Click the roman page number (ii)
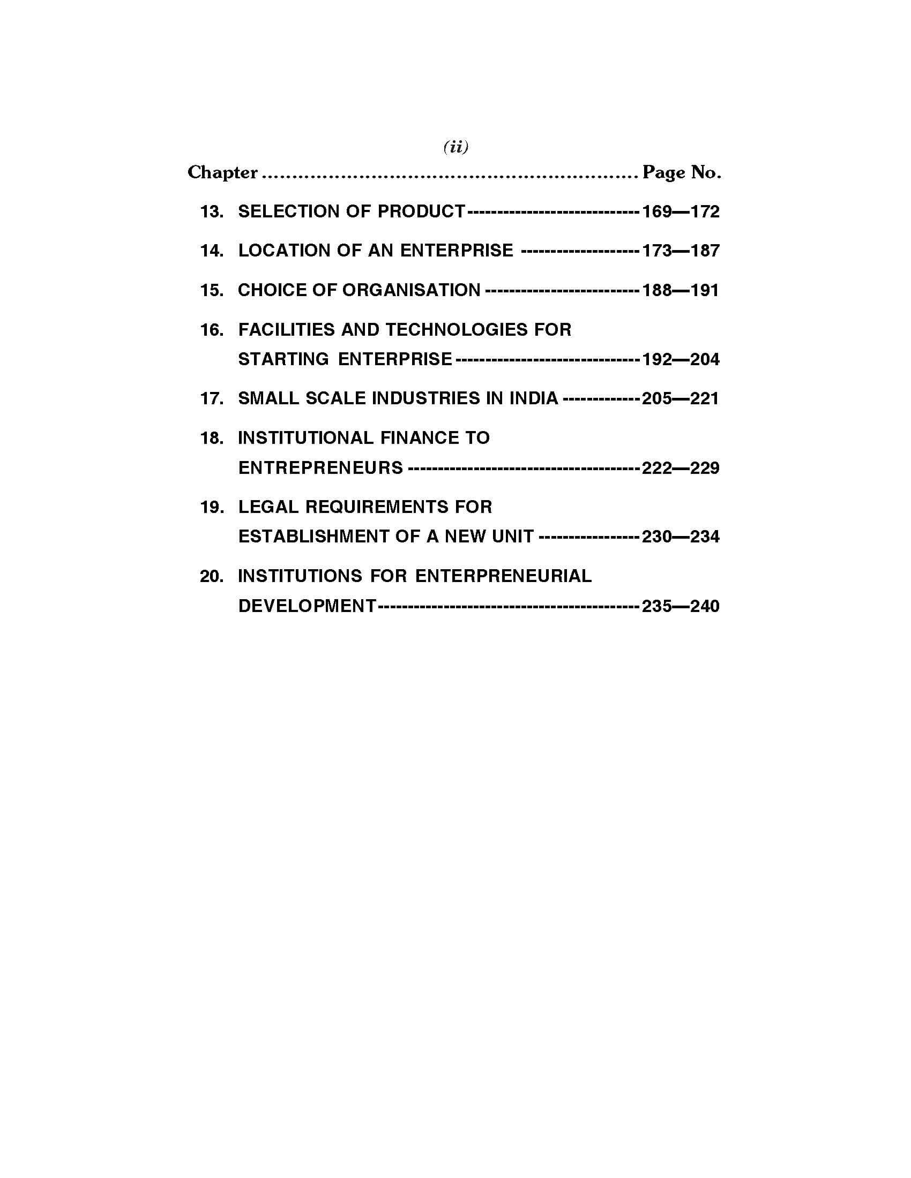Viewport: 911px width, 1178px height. (455, 147)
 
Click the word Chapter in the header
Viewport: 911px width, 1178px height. (222, 172)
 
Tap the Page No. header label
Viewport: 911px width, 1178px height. (682, 172)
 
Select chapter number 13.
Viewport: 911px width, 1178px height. (212, 212)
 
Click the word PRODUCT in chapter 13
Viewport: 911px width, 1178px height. (421, 212)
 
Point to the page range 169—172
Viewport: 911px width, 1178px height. (681, 212)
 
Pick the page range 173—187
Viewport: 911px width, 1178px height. (681, 251)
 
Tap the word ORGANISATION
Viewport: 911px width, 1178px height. (411, 290)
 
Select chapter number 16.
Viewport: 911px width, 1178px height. (212, 329)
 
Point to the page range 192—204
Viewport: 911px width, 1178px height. (681, 359)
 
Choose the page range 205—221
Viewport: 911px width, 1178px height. (681, 398)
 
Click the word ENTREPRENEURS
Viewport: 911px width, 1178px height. (320, 467)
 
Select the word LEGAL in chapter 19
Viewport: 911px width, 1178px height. (268, 507)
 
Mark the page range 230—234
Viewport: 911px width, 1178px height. (681, 537)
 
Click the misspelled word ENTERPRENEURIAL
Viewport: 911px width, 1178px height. (503, 576)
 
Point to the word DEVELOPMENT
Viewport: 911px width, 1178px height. (307, 606)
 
